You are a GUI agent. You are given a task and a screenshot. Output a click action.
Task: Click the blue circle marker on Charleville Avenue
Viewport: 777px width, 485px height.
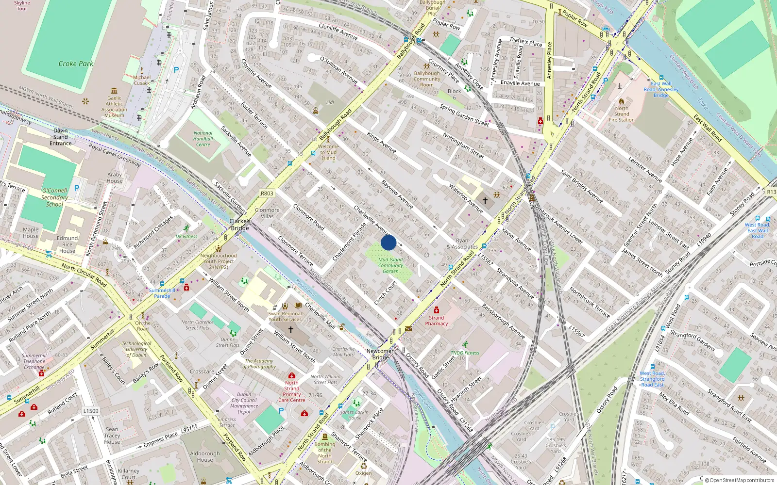(388, 242)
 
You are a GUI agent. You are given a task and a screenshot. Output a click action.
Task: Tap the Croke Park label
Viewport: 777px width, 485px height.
(76, 64)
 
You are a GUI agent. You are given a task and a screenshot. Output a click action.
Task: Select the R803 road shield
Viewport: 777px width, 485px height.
(267, 193)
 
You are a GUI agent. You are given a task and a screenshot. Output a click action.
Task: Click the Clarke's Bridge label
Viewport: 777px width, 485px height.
(240, 225)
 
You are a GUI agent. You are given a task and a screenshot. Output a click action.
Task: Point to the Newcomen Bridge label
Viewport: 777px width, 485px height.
(381, 354)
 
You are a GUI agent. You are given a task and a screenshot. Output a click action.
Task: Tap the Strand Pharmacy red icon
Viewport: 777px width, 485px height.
(436, 310)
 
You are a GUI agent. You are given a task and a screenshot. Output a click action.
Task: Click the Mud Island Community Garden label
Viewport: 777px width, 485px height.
(390, 265)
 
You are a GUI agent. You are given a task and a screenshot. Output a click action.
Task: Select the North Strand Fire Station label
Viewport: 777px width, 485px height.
(622, 114)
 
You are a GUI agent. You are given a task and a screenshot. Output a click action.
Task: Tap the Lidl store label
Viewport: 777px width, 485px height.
(330, 102)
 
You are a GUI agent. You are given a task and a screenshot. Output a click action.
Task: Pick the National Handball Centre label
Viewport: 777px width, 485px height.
(203, 139)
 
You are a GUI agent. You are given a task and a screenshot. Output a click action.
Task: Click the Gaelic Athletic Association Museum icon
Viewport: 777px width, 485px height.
(114, 91)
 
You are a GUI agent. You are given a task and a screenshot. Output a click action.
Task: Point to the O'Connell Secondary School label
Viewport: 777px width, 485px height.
(54, 197)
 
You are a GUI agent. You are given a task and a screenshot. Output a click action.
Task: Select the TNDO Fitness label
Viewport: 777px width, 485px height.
(465, 353)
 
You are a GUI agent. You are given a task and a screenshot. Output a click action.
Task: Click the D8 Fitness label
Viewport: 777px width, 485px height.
(186, 236)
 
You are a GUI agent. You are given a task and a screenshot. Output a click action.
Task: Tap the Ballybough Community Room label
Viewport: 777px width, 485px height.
(427, 79)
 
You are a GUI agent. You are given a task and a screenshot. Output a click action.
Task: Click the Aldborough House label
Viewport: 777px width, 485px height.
(205, 456)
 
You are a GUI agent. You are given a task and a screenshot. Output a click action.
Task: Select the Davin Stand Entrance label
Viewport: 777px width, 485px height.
(61, 137)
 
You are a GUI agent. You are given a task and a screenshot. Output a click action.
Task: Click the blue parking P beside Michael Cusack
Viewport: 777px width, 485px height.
(176, 70)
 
